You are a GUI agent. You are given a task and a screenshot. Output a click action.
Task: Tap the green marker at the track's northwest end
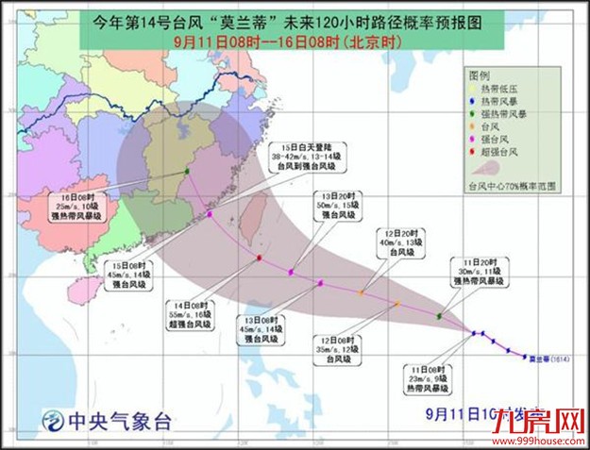[x=187, y=171]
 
